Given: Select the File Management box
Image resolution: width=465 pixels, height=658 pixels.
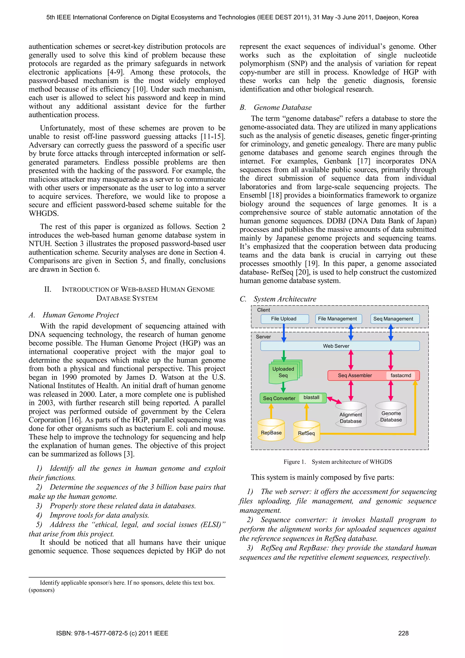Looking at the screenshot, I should (x=338, y=319).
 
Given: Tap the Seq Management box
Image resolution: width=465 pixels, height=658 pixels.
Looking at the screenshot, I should (x=395, y=319).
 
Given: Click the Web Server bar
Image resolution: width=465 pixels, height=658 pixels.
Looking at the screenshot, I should (x=340, y=346).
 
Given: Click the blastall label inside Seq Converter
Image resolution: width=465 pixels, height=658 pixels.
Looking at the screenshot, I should (x=311, y=398).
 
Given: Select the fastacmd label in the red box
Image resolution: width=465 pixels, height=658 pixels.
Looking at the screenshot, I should (x=401, y=375).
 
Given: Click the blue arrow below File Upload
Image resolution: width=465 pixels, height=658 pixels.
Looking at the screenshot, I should (x=284, y=333).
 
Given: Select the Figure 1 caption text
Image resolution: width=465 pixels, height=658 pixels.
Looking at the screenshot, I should (x=338, y=462).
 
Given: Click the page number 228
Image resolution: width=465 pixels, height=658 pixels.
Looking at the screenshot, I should (x=403, y=633).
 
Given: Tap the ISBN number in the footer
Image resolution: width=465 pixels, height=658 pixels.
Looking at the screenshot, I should (x=112, y=633).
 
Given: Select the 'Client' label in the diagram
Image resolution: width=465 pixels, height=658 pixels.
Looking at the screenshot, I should (x=263, y=310).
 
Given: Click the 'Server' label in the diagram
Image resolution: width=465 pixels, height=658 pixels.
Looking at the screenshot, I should (x=263, y=337).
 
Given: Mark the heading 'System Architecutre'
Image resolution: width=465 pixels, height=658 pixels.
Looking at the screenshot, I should (x=285, y=299).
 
